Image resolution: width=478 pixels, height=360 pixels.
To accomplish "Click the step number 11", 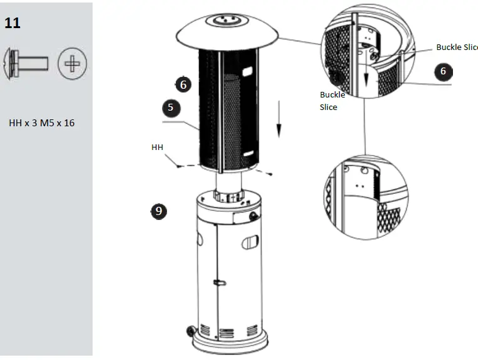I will tap(13, 23).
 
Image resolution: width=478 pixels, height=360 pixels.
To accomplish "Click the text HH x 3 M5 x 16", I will tap(41, 122).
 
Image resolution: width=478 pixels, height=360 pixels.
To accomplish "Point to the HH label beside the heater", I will tap(157, 147).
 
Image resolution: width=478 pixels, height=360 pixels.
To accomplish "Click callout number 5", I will tap(171, 107).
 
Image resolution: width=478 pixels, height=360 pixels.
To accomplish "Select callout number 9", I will tap(158, 211).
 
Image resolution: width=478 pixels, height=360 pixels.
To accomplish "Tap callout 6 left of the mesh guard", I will tap(183, 84).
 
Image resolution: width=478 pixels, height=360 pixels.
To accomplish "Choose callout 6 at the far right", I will tap(443, 71).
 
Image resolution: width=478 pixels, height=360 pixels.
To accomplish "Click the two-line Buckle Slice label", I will tap(332, 101).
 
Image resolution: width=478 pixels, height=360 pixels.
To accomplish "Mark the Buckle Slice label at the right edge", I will tap(457, 47).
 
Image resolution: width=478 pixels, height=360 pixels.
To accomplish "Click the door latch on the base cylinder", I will tap(219, 283).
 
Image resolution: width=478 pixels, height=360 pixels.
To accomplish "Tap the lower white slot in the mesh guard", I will tap(248, 154).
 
